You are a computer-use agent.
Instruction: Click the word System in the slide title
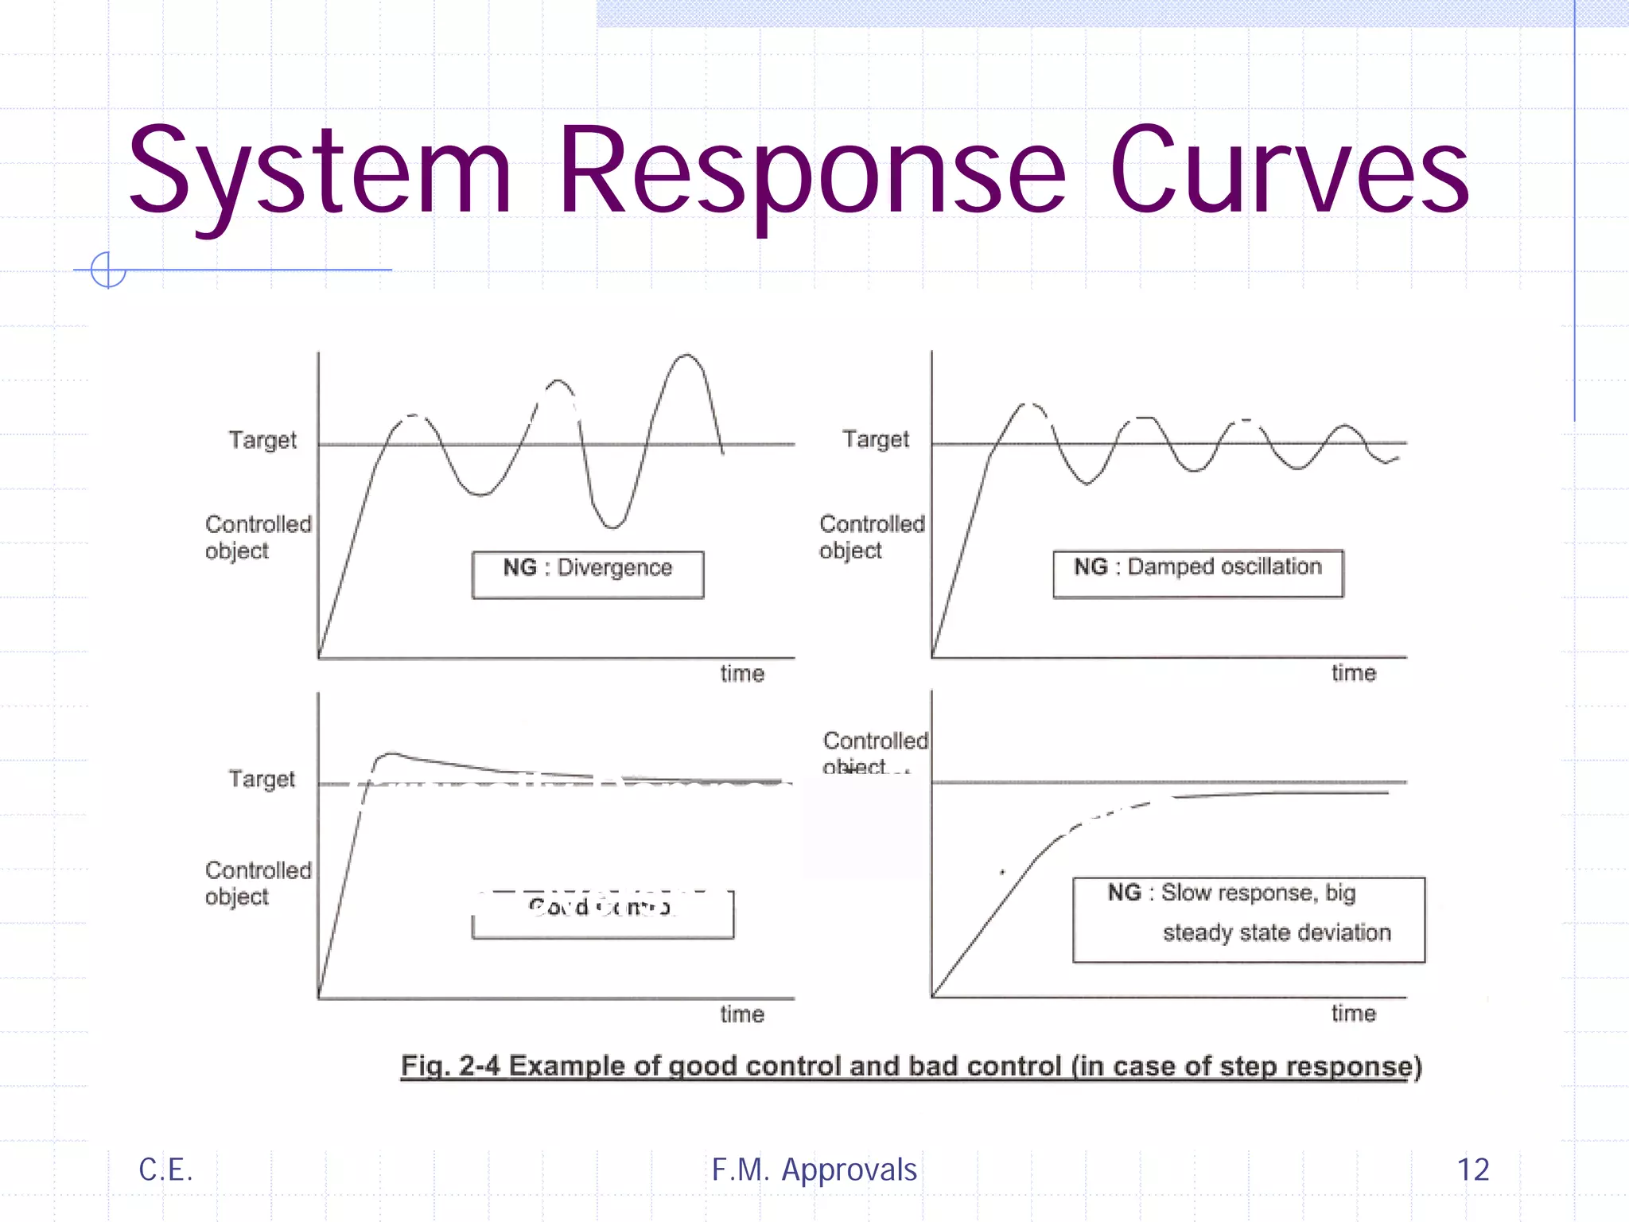point(318,171)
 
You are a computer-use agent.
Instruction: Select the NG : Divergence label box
point(588,574)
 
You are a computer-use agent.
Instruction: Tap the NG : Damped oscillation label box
point(1198,573)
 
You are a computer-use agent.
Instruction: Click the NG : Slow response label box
point(1249,919)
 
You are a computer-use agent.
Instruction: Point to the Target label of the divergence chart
point(262,440)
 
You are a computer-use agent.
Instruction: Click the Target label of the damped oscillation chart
point(876,439)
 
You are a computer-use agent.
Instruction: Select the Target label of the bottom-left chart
point(262,779)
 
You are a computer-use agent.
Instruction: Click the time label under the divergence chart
point(742,674)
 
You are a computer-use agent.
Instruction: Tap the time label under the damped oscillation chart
point(1354,673)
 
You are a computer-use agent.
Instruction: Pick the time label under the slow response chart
point(1354,1013)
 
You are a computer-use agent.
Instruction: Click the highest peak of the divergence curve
point(687,356)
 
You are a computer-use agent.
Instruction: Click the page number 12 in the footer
point(1473,1169)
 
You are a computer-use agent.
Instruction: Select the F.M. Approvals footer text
point(814,1169)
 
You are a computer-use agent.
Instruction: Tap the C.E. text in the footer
point(165,1169)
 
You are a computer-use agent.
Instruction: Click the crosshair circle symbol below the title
point(107,270)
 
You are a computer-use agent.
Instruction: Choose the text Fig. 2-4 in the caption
point(450,1066)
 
